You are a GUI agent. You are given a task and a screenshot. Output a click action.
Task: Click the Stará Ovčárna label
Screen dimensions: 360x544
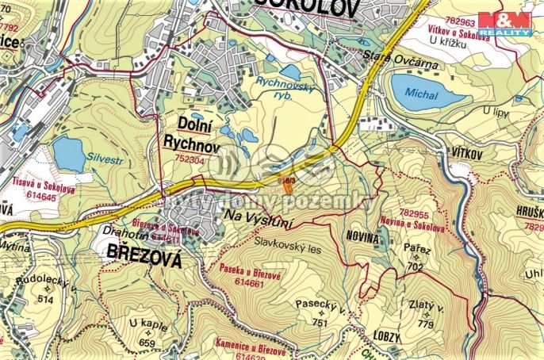point(389,56)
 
